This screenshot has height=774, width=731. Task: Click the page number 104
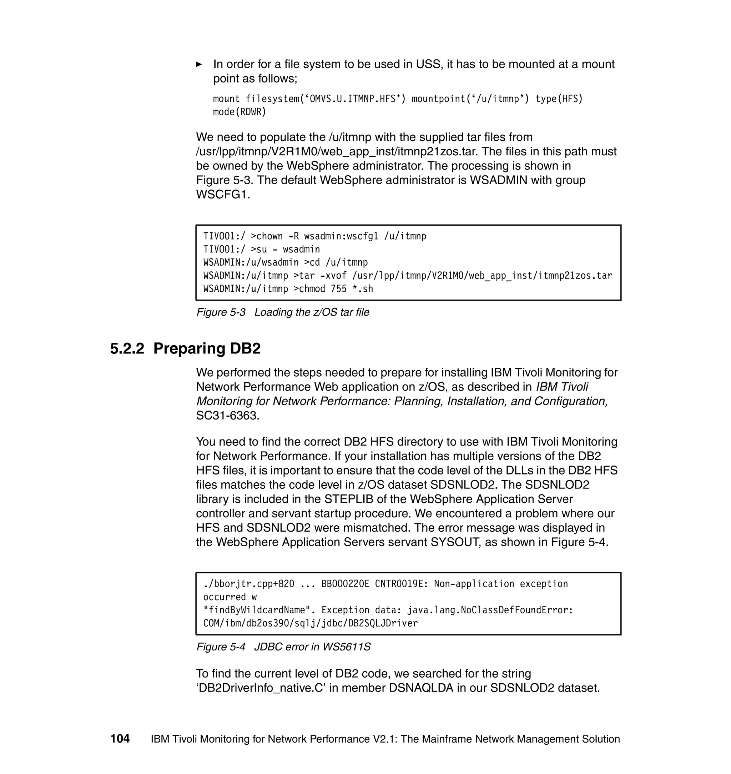point(120,739)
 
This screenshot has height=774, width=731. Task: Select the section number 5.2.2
point(127,348)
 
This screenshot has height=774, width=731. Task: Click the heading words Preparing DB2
point(207,348)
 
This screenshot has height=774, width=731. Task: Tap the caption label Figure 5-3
point(221,312)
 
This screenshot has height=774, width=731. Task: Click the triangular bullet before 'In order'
point(199,64)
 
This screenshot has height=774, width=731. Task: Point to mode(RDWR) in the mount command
point(239,112)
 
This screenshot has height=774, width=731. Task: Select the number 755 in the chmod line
point(339,289)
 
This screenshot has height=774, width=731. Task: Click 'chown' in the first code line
point(269,236)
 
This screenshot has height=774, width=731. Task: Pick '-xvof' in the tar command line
point(333,276)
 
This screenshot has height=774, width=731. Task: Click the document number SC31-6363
point(227,416)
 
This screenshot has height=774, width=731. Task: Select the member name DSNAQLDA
point(421,688)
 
